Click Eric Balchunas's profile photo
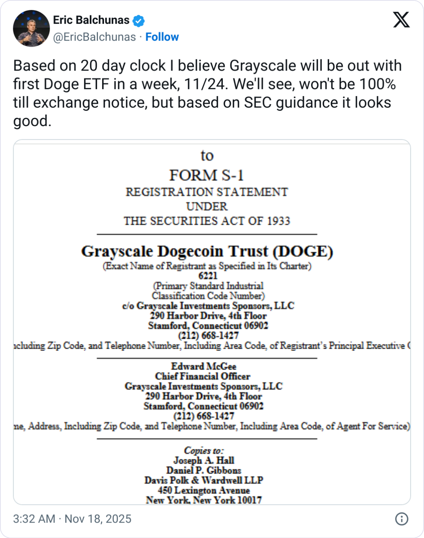(x=31, y=28)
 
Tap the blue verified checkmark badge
(x=138, y=21)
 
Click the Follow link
(x=162, y=37)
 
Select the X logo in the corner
(x=401, y=19)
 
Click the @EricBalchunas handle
(x=94, y=37)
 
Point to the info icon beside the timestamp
(x=402, y=519)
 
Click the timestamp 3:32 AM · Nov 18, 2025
(x=72, y=519)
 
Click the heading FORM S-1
(x=207, y=175)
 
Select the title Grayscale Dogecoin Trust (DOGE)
(x=207, y=251)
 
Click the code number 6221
(x=208, y=276)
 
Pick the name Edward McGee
(x=204, y=366)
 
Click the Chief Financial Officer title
(x=203, y=376)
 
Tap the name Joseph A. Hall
(x=204, y=460)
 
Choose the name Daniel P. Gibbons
(x=204, y=471)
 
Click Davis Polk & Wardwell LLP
(x=204, y=481)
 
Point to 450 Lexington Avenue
(x=204, y=491)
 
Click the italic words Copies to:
(x=204, y=450)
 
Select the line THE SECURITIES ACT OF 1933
(x=207, y=221)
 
